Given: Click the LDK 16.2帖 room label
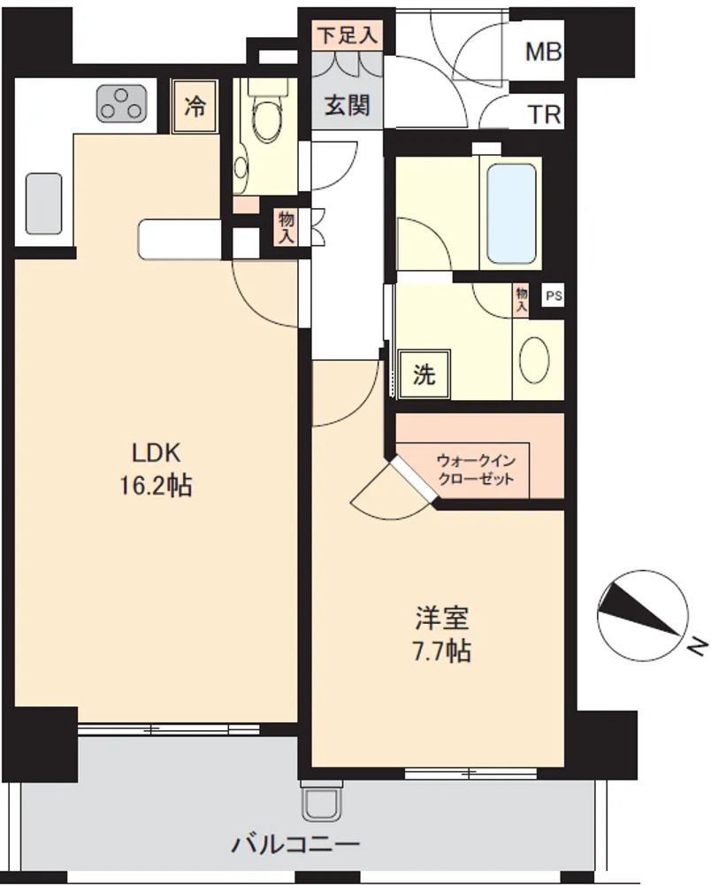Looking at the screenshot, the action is click(156, 469).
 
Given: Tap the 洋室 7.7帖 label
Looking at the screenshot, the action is click(442, 634).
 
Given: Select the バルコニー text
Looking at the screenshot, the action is click(296, 845).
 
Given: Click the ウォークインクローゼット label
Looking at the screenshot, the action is click(477, 470).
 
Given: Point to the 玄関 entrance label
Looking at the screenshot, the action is click(348, 105).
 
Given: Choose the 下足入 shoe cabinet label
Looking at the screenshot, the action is click(347, 35).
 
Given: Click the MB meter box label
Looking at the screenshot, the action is click(544, 51).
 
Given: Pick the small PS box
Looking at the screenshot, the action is click(553, 296).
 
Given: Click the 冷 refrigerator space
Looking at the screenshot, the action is click(195, 106).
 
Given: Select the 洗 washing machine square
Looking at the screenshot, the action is click(424, 373).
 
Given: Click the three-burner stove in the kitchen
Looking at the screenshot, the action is click(120, 104).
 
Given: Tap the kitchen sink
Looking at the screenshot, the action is click(43, 204).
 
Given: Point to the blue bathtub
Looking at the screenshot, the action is click(511, 213).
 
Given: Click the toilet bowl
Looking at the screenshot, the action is click(264, 116).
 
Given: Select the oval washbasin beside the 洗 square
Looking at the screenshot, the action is click(534, 359).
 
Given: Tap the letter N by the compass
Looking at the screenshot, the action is click(698, 645).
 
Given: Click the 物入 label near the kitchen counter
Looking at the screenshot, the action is click(287, 227).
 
